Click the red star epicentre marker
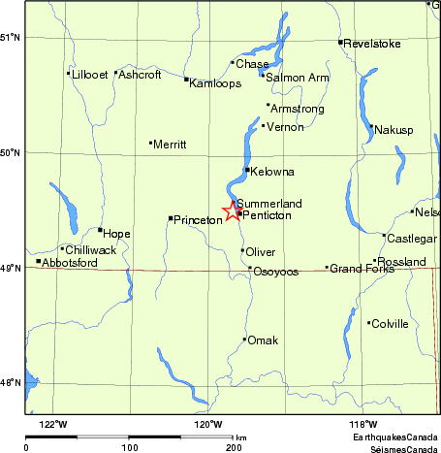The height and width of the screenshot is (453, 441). point(232,211)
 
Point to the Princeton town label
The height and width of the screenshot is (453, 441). point(198,220)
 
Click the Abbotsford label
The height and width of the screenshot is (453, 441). point(71,263)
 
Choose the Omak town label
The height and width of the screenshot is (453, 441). point(263,340)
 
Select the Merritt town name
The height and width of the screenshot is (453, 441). point(170,145)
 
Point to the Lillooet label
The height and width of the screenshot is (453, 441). point(88,74)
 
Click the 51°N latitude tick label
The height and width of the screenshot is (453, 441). point(11,37)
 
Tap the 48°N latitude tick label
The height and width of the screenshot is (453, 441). point(11,382)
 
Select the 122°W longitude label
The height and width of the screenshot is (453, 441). point(53,424)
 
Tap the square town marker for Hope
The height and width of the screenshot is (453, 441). point(100,230)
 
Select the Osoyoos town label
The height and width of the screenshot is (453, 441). point(275,273)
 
